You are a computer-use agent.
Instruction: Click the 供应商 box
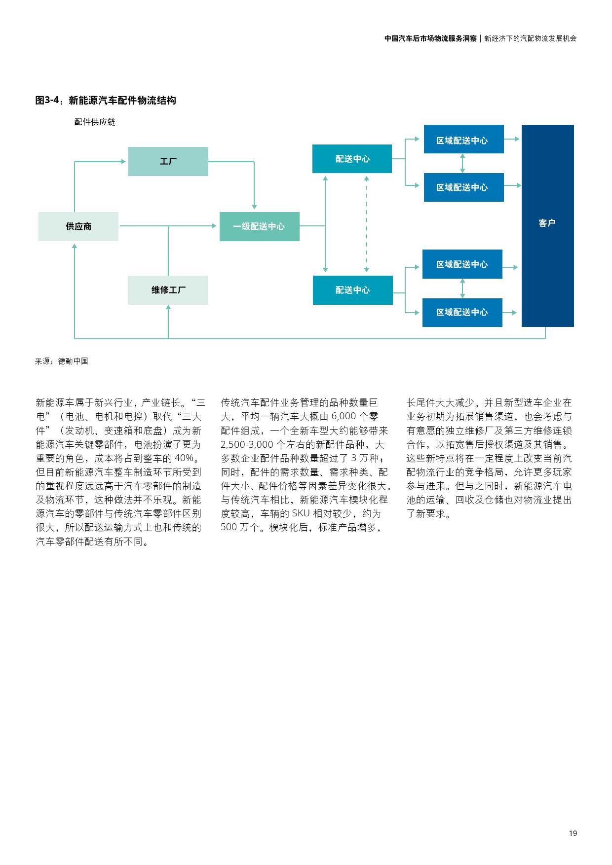click(x=78, y=226)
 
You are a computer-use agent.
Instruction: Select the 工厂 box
click(x=168, y=161)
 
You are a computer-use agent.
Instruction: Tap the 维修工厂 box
click(x=168, y=290)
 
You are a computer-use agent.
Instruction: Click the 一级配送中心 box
click(x=259, y=226)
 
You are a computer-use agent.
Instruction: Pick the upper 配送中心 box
click(x=352, y=159)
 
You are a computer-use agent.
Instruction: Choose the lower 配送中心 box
click(x=352, y=290)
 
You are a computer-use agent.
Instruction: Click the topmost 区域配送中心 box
click(x=463, y=140)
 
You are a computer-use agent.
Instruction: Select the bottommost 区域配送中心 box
click(x=462, y=312)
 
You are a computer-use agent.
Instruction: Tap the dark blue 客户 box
click(x=547, y=225)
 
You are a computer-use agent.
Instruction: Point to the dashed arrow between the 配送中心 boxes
click(x=366, y=224)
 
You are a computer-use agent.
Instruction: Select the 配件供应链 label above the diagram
click(x=95, y=122)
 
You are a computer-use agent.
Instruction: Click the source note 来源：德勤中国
click(x=62, y=361)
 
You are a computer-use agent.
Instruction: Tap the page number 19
click(x=573, y=833)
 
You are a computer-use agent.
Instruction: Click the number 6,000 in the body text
click(x=344, y=417)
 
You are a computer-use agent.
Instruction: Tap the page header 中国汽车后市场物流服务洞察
click(x=430, y=38)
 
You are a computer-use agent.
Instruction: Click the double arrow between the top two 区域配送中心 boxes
click(x=462, y=163)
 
